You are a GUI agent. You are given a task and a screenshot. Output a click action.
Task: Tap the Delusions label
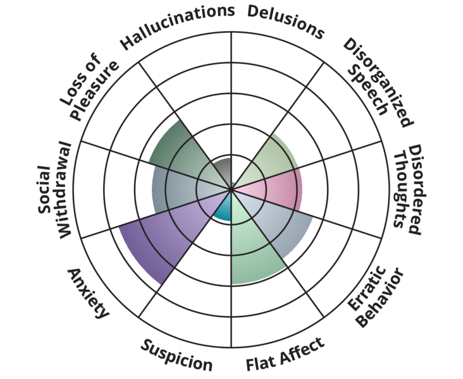(285, 21)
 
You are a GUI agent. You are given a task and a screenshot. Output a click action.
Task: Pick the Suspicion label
(176, 355)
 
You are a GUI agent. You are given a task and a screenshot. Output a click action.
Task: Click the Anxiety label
(89, 294)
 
